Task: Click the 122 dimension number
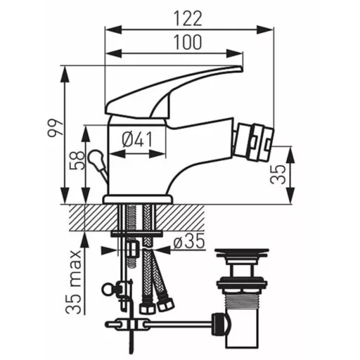point(188,18)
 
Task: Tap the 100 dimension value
point(188,42)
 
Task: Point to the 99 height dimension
point(55,128)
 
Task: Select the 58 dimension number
point(77,160)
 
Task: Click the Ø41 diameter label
point(137,139)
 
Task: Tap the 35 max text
point(73,282)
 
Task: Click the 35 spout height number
point(278,174)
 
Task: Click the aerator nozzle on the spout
point(254,143)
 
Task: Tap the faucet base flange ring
point(138,199)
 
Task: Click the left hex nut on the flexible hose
point(146,307)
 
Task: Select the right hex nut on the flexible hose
point(165,304)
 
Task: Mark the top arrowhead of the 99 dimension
point(65,75)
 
